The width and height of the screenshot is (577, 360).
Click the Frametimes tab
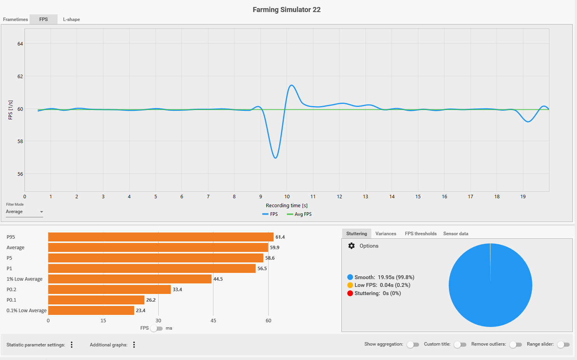point(16,19)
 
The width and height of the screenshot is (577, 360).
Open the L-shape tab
point(72,19)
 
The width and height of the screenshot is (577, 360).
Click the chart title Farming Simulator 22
point(287,10)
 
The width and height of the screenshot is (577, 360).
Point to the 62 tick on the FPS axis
point(20,77)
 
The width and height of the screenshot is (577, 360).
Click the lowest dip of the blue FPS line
point(275,158)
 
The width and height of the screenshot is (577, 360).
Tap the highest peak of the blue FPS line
point(291,85)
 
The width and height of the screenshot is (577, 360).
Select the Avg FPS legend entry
point(299,214)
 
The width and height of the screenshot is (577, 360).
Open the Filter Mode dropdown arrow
point(41,212)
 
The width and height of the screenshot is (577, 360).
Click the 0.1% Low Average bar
point(91,311)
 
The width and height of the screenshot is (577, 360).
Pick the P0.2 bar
point(109,290)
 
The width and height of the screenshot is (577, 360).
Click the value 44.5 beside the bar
point(218,279)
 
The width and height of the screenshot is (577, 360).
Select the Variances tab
point(386,234)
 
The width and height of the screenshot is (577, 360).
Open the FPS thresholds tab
point(421,234)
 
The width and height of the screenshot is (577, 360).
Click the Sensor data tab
point(456,234)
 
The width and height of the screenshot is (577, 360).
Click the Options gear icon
point(351,246)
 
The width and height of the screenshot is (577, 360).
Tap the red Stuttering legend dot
point(350,294)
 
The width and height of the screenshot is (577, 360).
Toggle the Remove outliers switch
point(516,344)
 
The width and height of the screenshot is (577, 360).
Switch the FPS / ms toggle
point(156,329)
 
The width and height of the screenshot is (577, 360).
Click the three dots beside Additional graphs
point(134,345)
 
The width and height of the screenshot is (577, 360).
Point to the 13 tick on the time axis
point(365,197)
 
